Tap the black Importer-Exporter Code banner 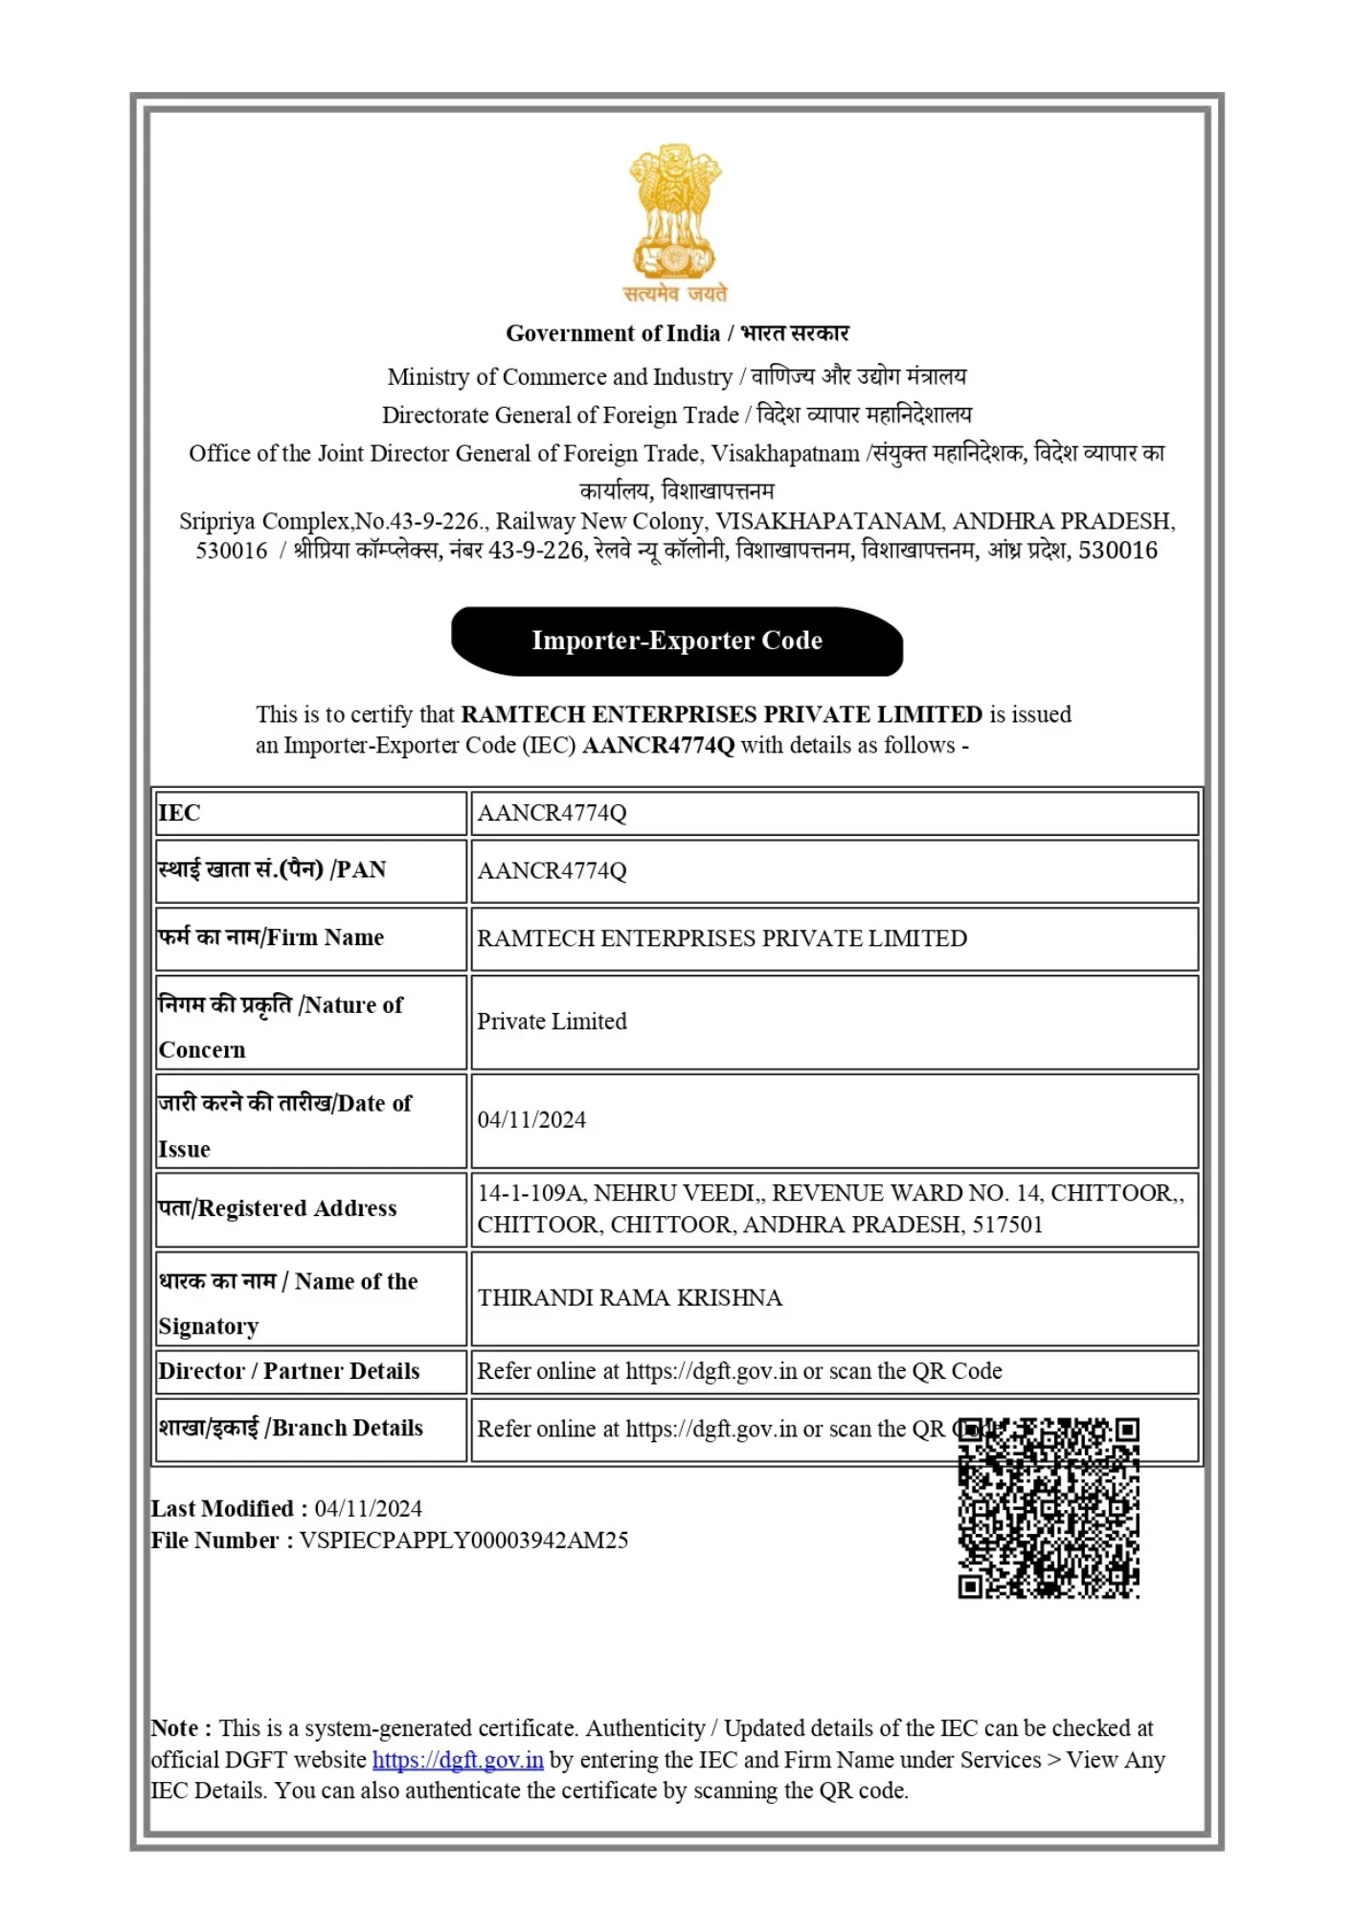click(x=677, y=641)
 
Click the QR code click(x=1049, y=1508)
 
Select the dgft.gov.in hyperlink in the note click(x=458, y=1760)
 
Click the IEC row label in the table click(x=180, y=813)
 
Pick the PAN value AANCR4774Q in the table click(x=552, y=870)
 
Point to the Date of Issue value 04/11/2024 click(x=531, y=1119)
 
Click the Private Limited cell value click(x=552, y=1022)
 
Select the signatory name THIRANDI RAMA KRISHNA click(x=629, y=1297)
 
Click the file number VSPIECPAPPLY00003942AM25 click(x=463, y=1541)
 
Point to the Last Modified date click(x=369, y=1509)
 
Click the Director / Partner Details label click(x=289, y=1371)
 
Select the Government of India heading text click(x=613, y=333)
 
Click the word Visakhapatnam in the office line click(x=785, y=454)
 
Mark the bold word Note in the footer click(x=175, y=1728)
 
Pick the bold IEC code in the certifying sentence click(x=658, y=746)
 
